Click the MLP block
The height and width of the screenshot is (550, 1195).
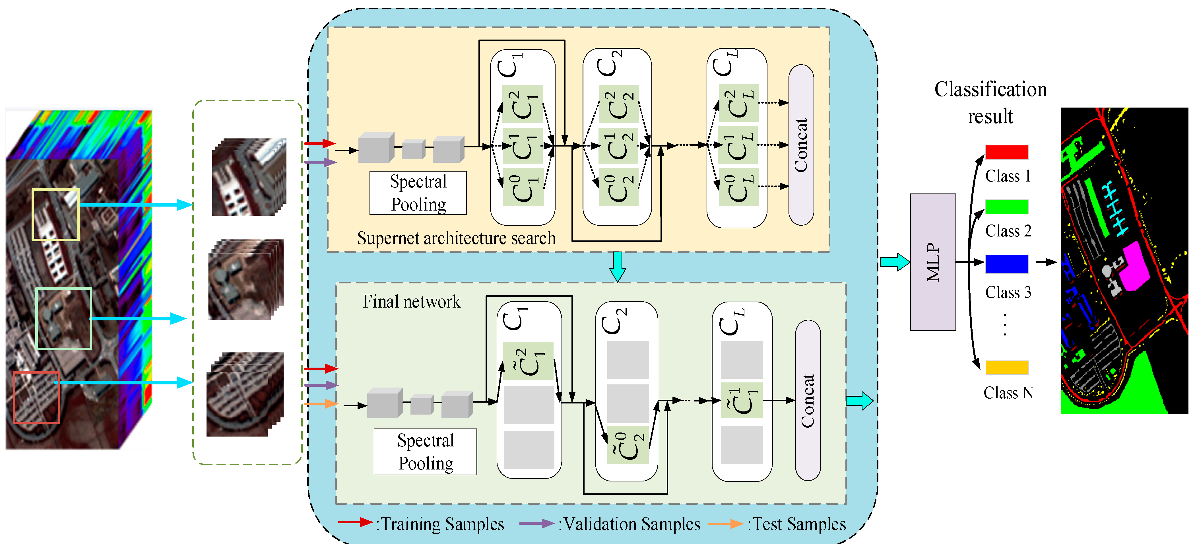[932, 262]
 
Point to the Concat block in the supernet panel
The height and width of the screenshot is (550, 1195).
[801, 145]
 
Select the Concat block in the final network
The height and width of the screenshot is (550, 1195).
[808, 400]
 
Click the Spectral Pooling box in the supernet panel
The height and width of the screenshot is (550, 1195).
[418, 193]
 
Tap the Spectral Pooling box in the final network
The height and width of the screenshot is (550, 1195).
[425, 452]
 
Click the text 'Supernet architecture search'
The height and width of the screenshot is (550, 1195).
[456, 238]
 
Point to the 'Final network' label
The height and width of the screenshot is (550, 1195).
[412, 302]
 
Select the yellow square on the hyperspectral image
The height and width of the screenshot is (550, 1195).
[56, 215]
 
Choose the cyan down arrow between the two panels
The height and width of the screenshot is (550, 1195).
[618, 266]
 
